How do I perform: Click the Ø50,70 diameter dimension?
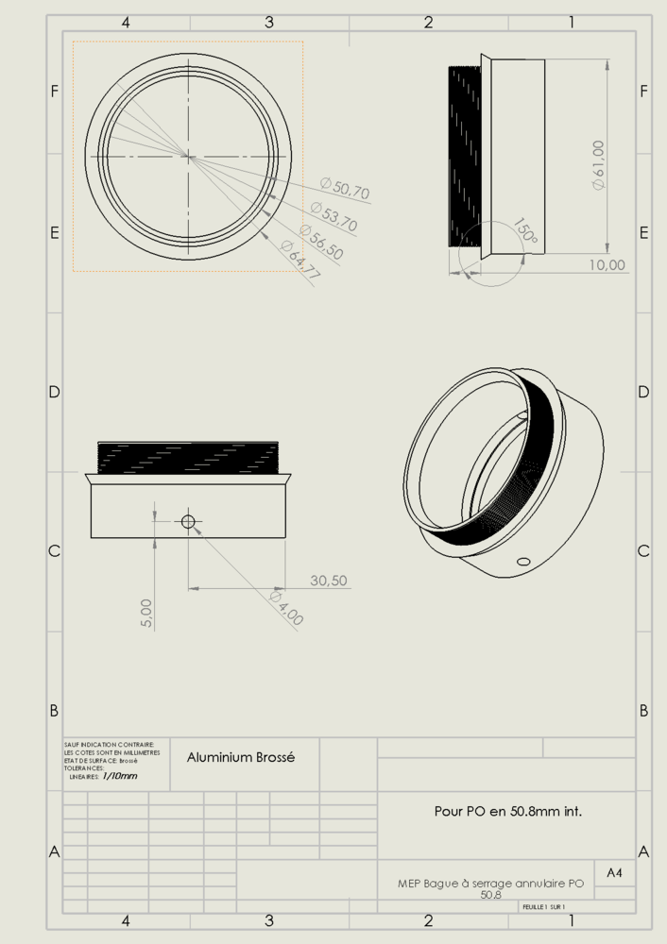click(x=345, y=189)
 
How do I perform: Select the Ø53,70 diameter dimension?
click(x=333, y=217)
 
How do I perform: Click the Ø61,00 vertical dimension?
click(x=598, y=165)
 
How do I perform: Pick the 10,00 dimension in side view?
click(x=607, y=265)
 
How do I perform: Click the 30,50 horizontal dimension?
click(x=328, y=581)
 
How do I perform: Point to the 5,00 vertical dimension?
click(x=147, y=614)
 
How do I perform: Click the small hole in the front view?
click(x=188, y=521)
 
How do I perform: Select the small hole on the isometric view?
click(x=522, y=562)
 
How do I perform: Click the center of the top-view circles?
click(x=187, y=156)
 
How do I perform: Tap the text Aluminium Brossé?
click(x=241, y=757)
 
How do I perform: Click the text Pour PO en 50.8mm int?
click(x=507, y=810)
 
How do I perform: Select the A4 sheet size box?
click(x=614, y=873)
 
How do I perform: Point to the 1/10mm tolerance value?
click(x=119, y=776)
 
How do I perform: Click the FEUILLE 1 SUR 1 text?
click(x=544, y=906)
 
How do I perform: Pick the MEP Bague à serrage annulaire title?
click(x=490, y=885)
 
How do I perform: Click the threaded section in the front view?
click(x=187, y=457)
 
